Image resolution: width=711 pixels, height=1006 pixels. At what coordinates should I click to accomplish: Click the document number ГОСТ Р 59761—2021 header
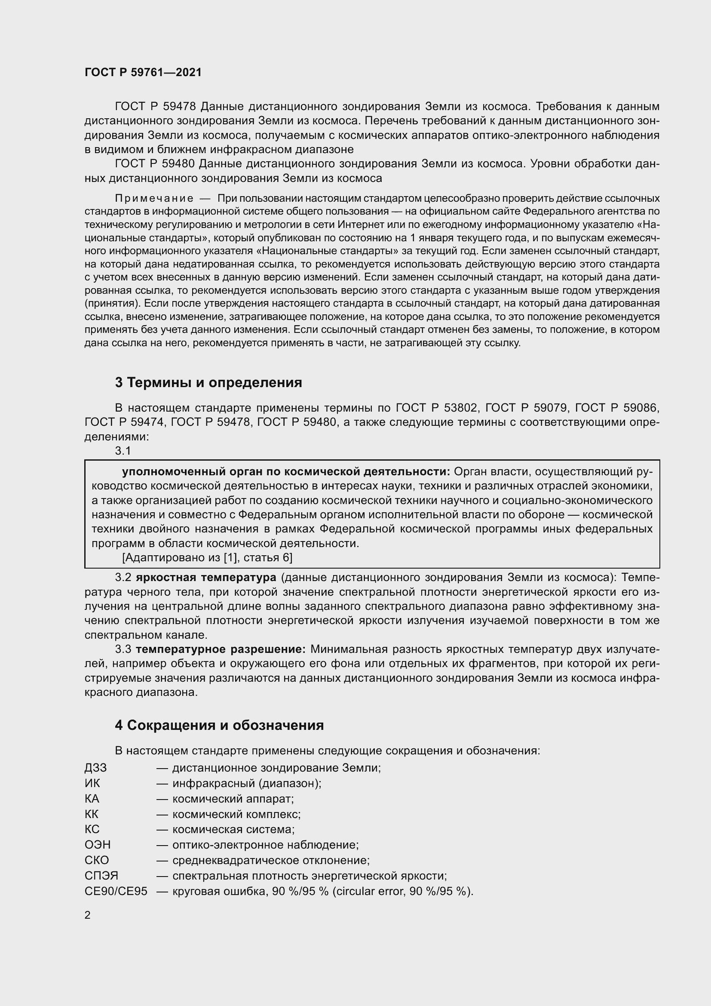pyautogui.click(x=143, y=72)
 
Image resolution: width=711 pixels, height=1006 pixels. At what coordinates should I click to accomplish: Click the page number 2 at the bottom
pyautogui.click(x=88, y=915)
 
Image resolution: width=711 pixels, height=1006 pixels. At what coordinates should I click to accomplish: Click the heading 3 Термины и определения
pyautogui.click(x=208, y=382)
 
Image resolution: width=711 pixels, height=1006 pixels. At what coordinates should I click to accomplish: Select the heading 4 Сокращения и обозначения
pyautogui.click(x=219, y=725)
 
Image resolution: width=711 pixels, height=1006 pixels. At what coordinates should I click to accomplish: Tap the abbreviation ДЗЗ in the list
pyautogui.click(x=95, y=768)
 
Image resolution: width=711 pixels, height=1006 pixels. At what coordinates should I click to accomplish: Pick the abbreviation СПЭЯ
pyautogui.click(x=101, y=876)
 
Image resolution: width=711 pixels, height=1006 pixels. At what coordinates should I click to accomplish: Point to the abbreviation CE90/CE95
pyautogui.click(x=116, y=891)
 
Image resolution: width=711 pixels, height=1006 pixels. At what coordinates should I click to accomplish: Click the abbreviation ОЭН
pyautogui.click(x=97, y=845)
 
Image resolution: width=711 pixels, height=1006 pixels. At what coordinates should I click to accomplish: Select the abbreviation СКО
pyautogui.click(x=96, y=860)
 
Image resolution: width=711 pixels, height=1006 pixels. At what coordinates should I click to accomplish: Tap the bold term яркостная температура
pyautogui.click(x=206, y=578)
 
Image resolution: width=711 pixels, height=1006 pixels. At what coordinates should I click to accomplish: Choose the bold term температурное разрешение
pyautogui.click(x=221, y=649)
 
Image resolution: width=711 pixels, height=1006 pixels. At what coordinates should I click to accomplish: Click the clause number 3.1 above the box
pyautogui.click(x=123, y=450)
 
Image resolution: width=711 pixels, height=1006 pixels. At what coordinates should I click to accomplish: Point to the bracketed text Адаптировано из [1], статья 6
pyautogui.click(x=207, y=557)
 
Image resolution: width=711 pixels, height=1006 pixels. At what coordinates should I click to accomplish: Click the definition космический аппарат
pyautogui.click(x=233, y=799)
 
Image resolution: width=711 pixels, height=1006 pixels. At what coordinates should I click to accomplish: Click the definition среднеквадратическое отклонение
pyautogui.click(x=270, y=860)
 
